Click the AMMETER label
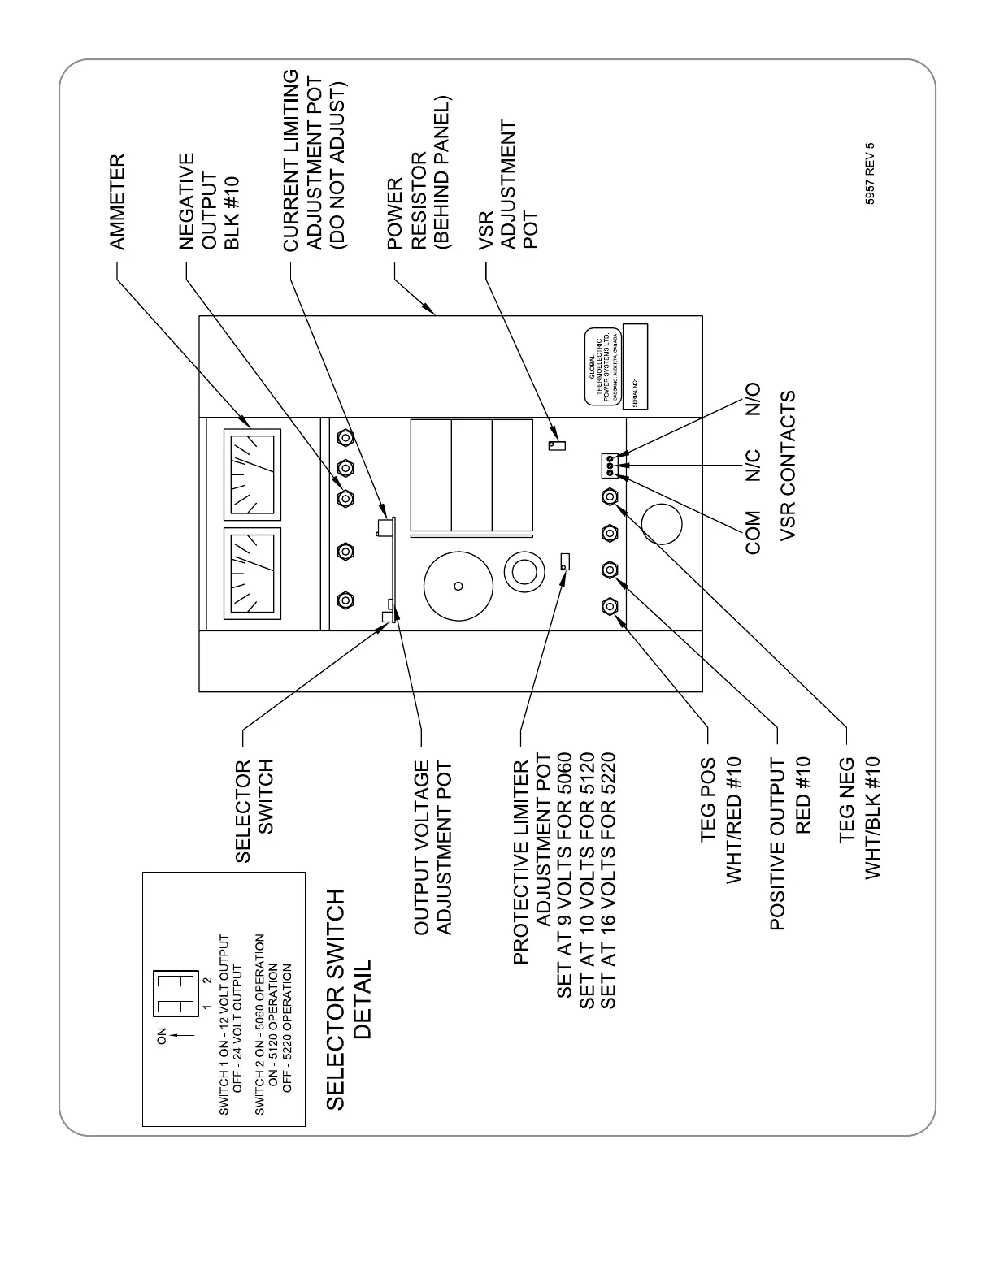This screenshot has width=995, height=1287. tap(118, 201)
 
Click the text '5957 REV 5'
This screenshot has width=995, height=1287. tap(870, 174)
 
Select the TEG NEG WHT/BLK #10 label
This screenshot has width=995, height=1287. tap(860, 817)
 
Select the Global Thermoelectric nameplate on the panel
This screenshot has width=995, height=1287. tap(604, 367)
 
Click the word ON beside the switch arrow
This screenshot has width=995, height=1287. tap(161, 1036)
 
